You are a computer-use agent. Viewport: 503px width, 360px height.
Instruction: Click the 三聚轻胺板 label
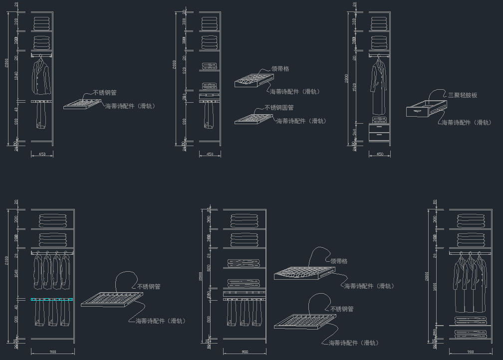(462, 95)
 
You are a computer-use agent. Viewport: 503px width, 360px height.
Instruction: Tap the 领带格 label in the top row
(280, 69)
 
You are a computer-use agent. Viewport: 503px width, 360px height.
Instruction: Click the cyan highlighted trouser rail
(52, 300)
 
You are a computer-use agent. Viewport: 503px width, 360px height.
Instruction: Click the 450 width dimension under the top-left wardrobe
(42, 155)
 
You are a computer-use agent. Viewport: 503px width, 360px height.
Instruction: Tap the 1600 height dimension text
(435, 288)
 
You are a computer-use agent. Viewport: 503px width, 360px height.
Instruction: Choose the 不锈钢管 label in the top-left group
(105, 93)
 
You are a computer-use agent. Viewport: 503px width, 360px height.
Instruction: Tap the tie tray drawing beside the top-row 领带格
(253, 80)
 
